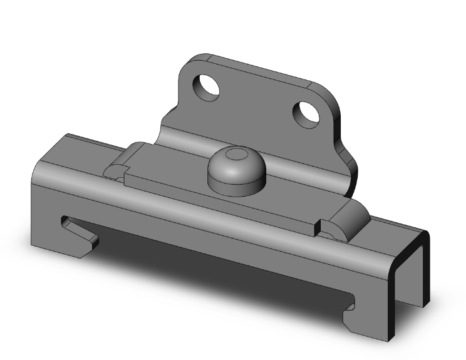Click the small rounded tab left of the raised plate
point(115,170)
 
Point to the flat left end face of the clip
point(47,207)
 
